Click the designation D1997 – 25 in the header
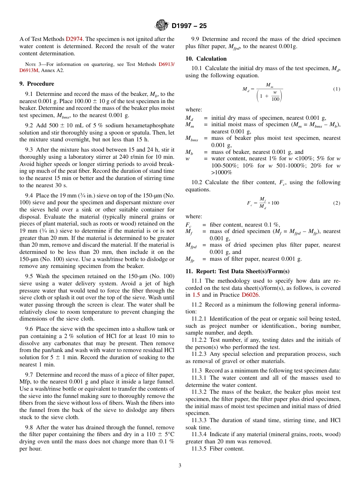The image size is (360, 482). pyautogui.click(x=189, y=26)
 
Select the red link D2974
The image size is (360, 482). pyautogui.click(x=73, y=39)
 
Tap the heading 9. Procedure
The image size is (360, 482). pyautogui.click(x=37, y=84)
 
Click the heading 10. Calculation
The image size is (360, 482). pyautogui.click(x=206, y=59)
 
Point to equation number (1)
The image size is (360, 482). pyautogui.click(x=337, y=89)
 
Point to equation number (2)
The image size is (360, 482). pyautogui.click(x=337, y=203)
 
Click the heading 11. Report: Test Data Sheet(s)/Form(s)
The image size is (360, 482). pyautogui.click(x=237, y=272)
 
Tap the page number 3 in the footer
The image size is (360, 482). pyautogui.click(x=180, y=466)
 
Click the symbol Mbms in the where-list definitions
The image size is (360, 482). pyautogui.click(x=191, y=139)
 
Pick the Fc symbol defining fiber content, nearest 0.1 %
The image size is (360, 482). pyautogui.click(x=188, y=225)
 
